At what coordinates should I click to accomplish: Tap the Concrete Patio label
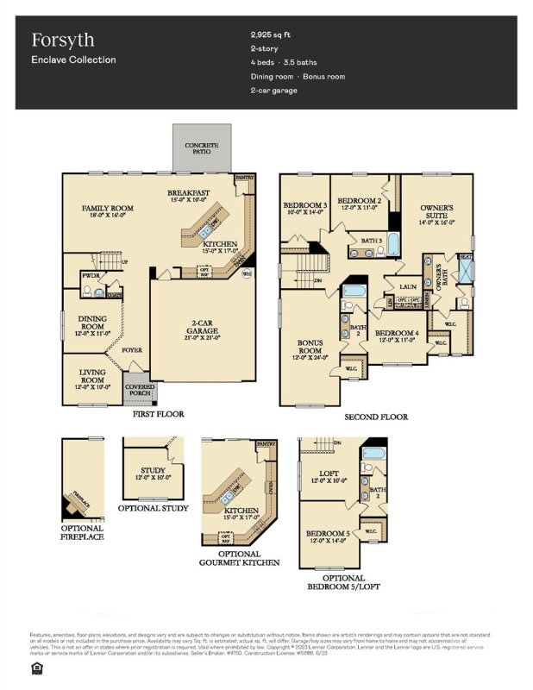pyautogui.click(x=202, y=147)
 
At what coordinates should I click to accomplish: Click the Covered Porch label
pyautogui.click(x=140, y=392)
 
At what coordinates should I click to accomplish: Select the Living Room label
pyautogui.click(x=92, y=375)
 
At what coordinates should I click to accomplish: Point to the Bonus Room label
pyautogui.click(x=310, y=347)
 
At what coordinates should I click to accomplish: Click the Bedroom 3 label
pyautogui.click(x=304, y=205)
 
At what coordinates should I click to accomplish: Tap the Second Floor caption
pyautogui.click(x=376, y=417)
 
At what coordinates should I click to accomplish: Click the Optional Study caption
pyautogui.click(x=153, y=509)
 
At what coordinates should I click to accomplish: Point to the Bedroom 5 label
pyautogui.click(x=328, y=534)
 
